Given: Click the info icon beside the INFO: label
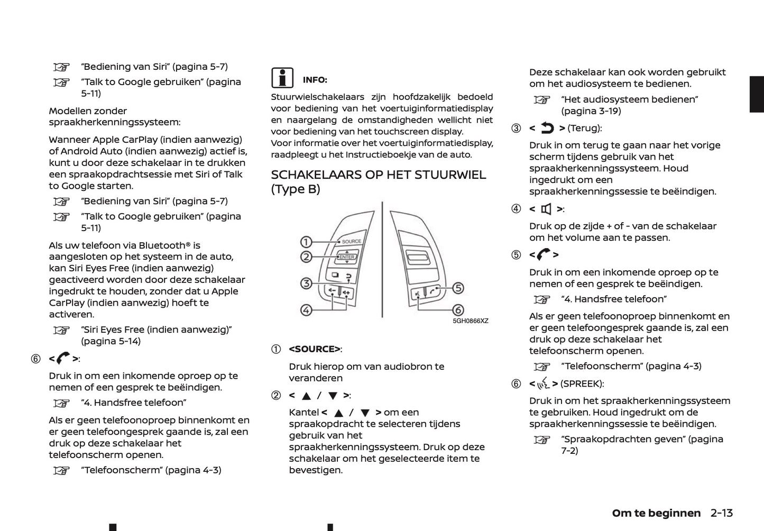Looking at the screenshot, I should click(x=282, y=78).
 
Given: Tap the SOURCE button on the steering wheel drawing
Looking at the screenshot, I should click(x=351, y=242).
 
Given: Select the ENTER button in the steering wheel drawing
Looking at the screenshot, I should click(x=347, y=257).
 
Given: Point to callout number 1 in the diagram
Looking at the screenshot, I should click(x=306, y=242).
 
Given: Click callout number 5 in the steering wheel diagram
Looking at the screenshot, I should click(x=458, y=288).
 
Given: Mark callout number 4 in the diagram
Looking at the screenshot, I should click(x=306, y=310).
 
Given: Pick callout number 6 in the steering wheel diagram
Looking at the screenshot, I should click(x=458, y=310).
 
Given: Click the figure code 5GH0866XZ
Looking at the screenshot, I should click(x=470, y=321).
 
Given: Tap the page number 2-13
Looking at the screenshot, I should click(x=722, y=513).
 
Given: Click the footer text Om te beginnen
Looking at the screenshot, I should click(x=656, y=513).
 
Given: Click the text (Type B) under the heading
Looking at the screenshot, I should click(x=296, y=189).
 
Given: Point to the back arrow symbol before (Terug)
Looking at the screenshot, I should click(x=547, y=128).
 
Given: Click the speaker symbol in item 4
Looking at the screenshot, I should click(x=546, y=209).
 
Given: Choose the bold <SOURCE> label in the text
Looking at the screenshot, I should click(x=315, y=349).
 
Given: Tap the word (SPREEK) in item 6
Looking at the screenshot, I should click(x=582, y=383).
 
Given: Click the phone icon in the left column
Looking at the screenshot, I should click(x=62, y=359).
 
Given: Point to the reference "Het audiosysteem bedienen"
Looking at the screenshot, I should click(x=629, y=99).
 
